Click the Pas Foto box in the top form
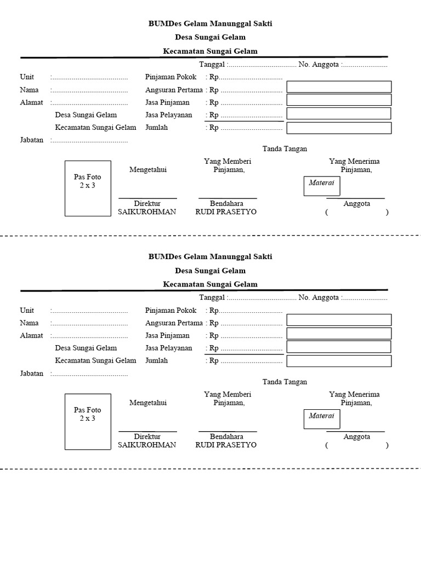tap(88, 188)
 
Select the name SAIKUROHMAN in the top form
tap(147, 212)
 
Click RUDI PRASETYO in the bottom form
tap(226, 445)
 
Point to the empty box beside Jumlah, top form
tap(339, 128)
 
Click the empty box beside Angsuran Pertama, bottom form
tap(339, 320)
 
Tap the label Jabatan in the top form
tap(31, 140)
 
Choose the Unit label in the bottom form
tap(27, 311)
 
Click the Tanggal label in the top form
tap(212, 65)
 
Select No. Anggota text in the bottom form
tap(319, 298)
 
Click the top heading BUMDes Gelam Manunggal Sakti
tap(210, 24)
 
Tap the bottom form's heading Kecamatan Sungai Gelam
tap(210, 284)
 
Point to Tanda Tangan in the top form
tap(285, 149)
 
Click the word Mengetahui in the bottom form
tap(147, 403)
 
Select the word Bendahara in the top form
tap(226, 204)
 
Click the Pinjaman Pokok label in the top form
tap(170, 77)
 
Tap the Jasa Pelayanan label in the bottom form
tap(168, 348)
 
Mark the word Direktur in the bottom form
tap(147, 437)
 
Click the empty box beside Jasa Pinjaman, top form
tap(339, 100)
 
